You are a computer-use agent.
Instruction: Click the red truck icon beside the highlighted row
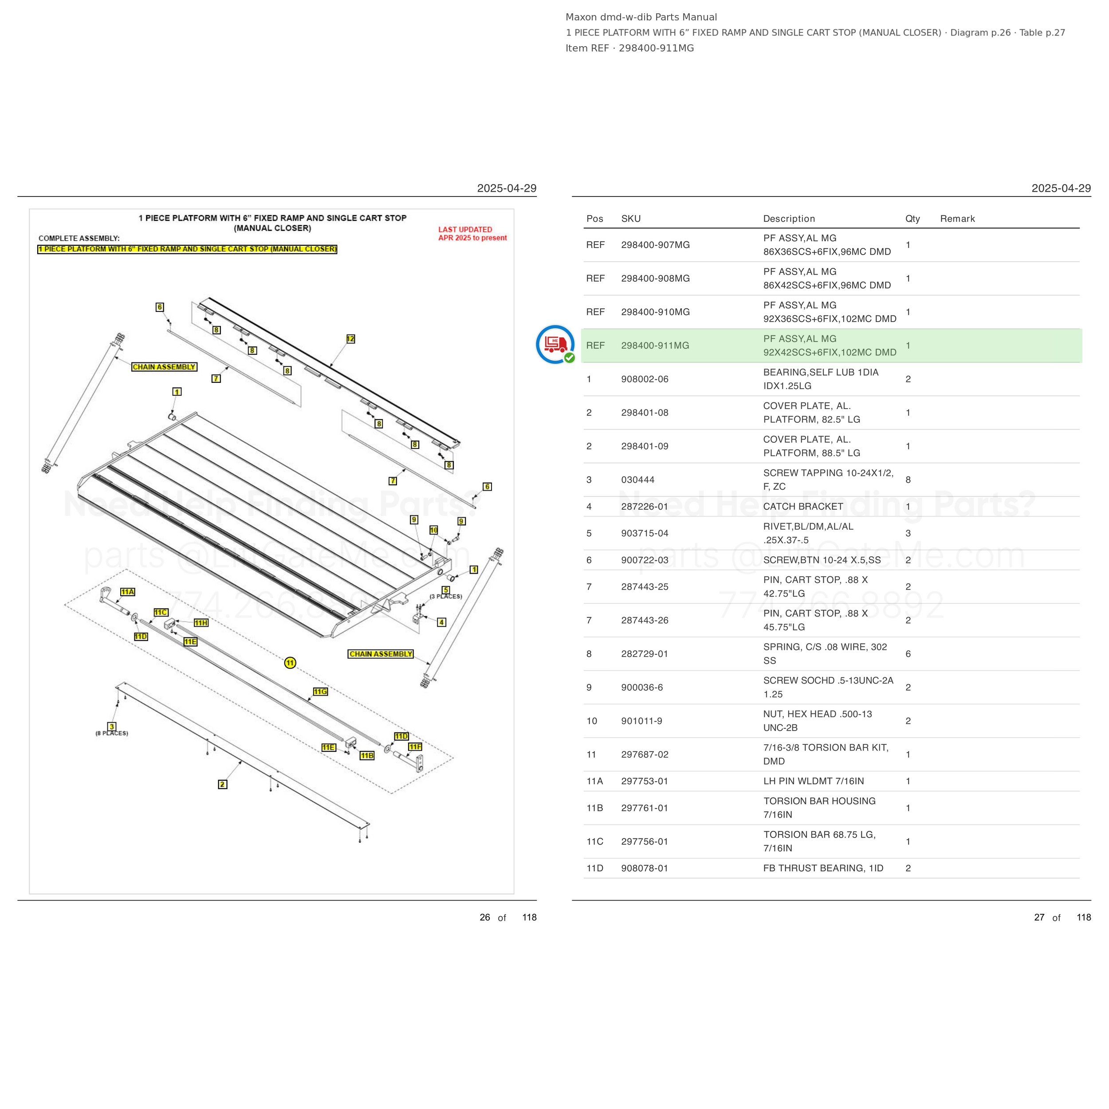click(x=555, y=344)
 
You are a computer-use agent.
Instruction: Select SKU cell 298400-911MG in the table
click(x=655, y=346)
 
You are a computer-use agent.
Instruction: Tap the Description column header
click(x=789, y=219)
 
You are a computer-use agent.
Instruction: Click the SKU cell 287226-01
click(x=644, y=506)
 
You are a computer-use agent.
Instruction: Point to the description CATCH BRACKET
click(x=803, y=506)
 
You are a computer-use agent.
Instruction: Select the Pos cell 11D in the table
click(x=595, y=868)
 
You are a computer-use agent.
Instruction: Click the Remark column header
click(x=957, y=219)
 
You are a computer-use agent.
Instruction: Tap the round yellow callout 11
click(x=291, y=663)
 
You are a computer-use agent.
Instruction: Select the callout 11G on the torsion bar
click(x=320, y=692)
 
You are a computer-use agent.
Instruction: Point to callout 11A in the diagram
click(x=127, y=592)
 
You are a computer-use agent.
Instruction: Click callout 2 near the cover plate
click(x=223, y=784)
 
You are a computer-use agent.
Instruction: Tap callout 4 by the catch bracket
click(x=441, y=622)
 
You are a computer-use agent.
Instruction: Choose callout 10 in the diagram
click(x=434, y=530)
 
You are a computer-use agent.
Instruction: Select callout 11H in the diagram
click(x=201, y=623)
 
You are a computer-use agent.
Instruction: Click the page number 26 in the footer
click(x=485, y=917)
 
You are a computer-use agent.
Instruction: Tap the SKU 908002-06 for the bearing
click(x=645, y=379)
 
